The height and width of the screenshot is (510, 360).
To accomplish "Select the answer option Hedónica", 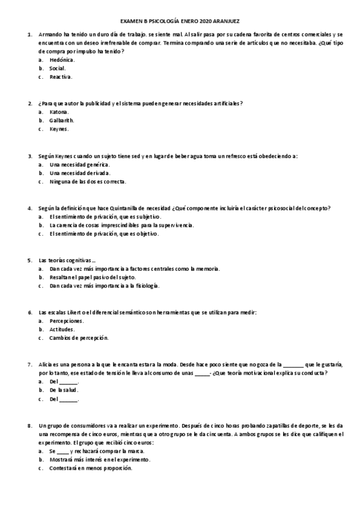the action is tap(63, 60).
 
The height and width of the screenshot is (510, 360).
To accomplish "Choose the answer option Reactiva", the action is tap(61, 77).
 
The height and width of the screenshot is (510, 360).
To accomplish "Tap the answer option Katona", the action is tap(59, 112).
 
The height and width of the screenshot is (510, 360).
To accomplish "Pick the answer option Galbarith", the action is tap(63, 120).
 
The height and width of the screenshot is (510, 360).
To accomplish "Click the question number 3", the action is tap(30, 156).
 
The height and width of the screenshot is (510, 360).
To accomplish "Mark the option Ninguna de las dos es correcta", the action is tap(88, 182).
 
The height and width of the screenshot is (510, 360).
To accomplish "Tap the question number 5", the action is tap(30, 260).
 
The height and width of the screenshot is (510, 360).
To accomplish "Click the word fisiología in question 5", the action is tap(145, 286).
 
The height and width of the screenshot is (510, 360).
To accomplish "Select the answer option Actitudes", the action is tap(63, 330).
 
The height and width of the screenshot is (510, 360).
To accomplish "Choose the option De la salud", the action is tap(64, 390).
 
